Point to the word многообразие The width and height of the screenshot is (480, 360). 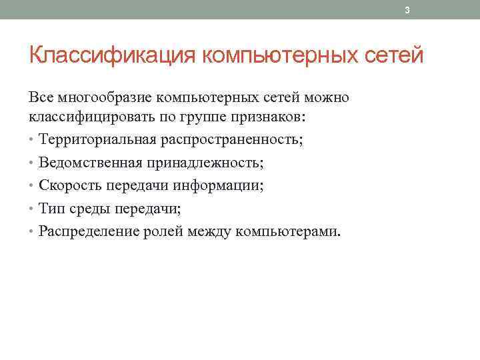coord(102,97)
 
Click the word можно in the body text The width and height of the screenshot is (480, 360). coord(327,97)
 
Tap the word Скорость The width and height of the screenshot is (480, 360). coord(66,185)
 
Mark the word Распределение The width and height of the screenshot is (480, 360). coord(89,231)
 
